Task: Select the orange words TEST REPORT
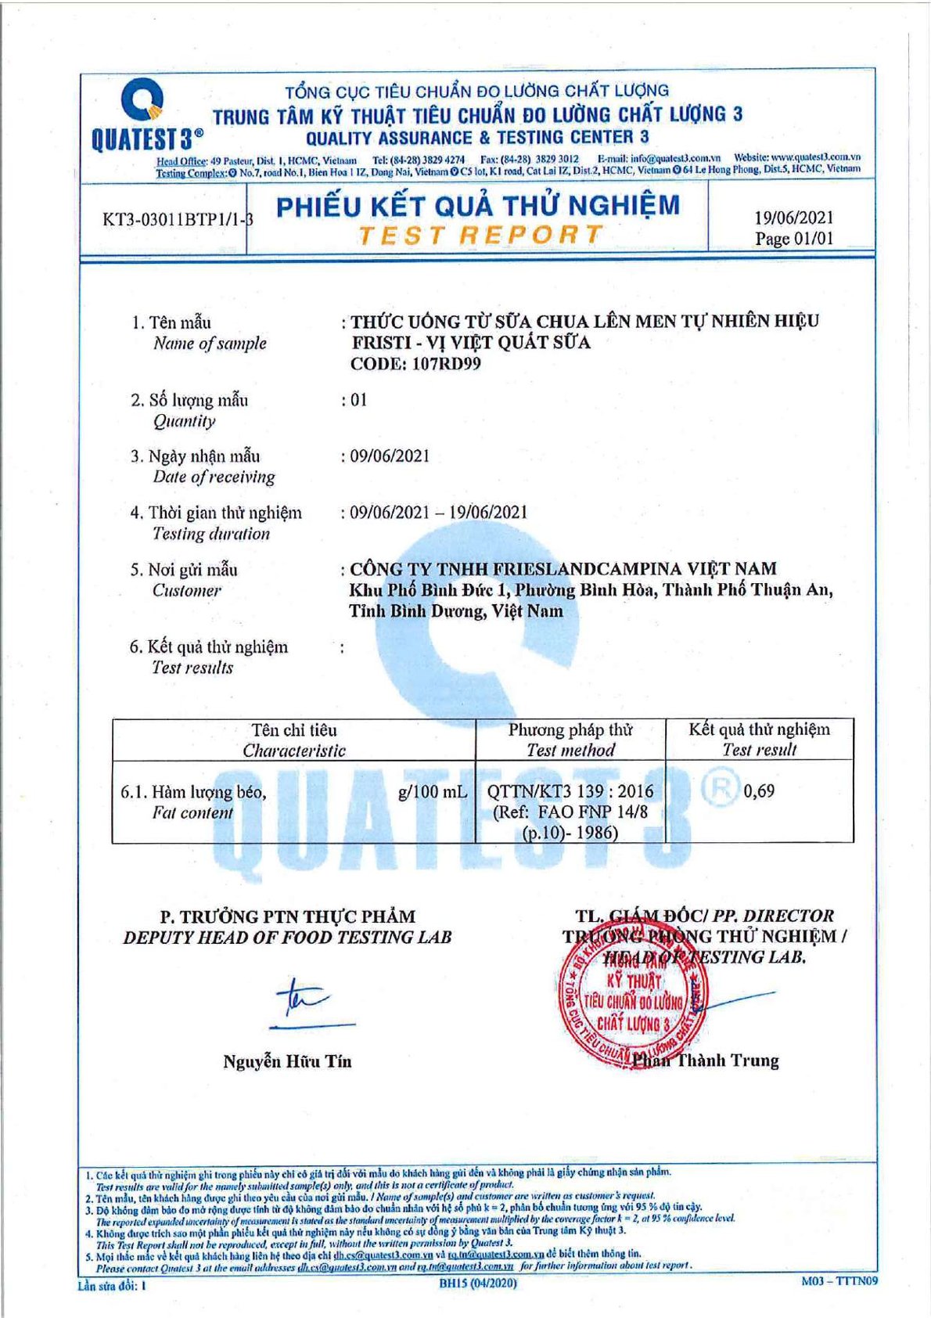click(x=480, y=235)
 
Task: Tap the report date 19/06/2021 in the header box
click(x=793, y=218)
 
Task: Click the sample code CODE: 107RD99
click(x=415, y=364)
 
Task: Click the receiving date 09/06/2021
click(x=389, y=456)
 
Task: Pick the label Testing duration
click(x=211, y=535)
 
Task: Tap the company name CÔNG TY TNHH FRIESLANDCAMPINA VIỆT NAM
click(x=563, y=569)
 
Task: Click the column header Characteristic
click(x=294, y=751)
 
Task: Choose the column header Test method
click(x=570, y=751)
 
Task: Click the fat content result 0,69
click(x=759, y=791)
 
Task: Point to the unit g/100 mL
click(x=432, y=792)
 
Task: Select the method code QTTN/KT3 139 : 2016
click(x=570, y=791)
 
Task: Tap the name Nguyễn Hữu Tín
click(x=287, y=1062)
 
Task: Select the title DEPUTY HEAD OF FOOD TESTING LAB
click(x=287, y=938)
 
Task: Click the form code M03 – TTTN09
click(x=839, y=1281)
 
